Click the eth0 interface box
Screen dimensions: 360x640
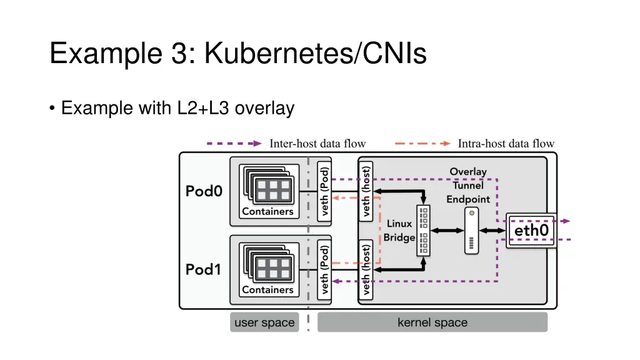(x=531, y=231)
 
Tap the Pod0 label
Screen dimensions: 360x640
(x=204, y=191)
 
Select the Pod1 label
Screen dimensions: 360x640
(x=204, y=269)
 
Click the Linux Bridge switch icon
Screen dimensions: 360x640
(x=424, y=231)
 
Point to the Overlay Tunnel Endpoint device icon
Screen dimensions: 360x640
(x=472, y=231)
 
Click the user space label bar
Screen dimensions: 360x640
(x=264, y=322)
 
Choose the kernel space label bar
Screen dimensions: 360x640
(x=432, y=322)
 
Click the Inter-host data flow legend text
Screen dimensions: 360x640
(x=317, y=144)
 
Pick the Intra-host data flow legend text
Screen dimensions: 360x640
(x=506, y=144)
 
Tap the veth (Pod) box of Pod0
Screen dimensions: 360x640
(x=324, y=191)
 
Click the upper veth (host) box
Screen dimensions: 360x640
(x=366, y=191)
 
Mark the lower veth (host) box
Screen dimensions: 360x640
(x=366, y=269)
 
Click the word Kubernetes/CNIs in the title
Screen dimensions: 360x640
(x=315, y=52)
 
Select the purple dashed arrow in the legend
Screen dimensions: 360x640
(x=234, y=144)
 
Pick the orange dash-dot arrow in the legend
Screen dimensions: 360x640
(x=422, y=144)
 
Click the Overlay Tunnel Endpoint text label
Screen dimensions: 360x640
(x=467, y=185)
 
